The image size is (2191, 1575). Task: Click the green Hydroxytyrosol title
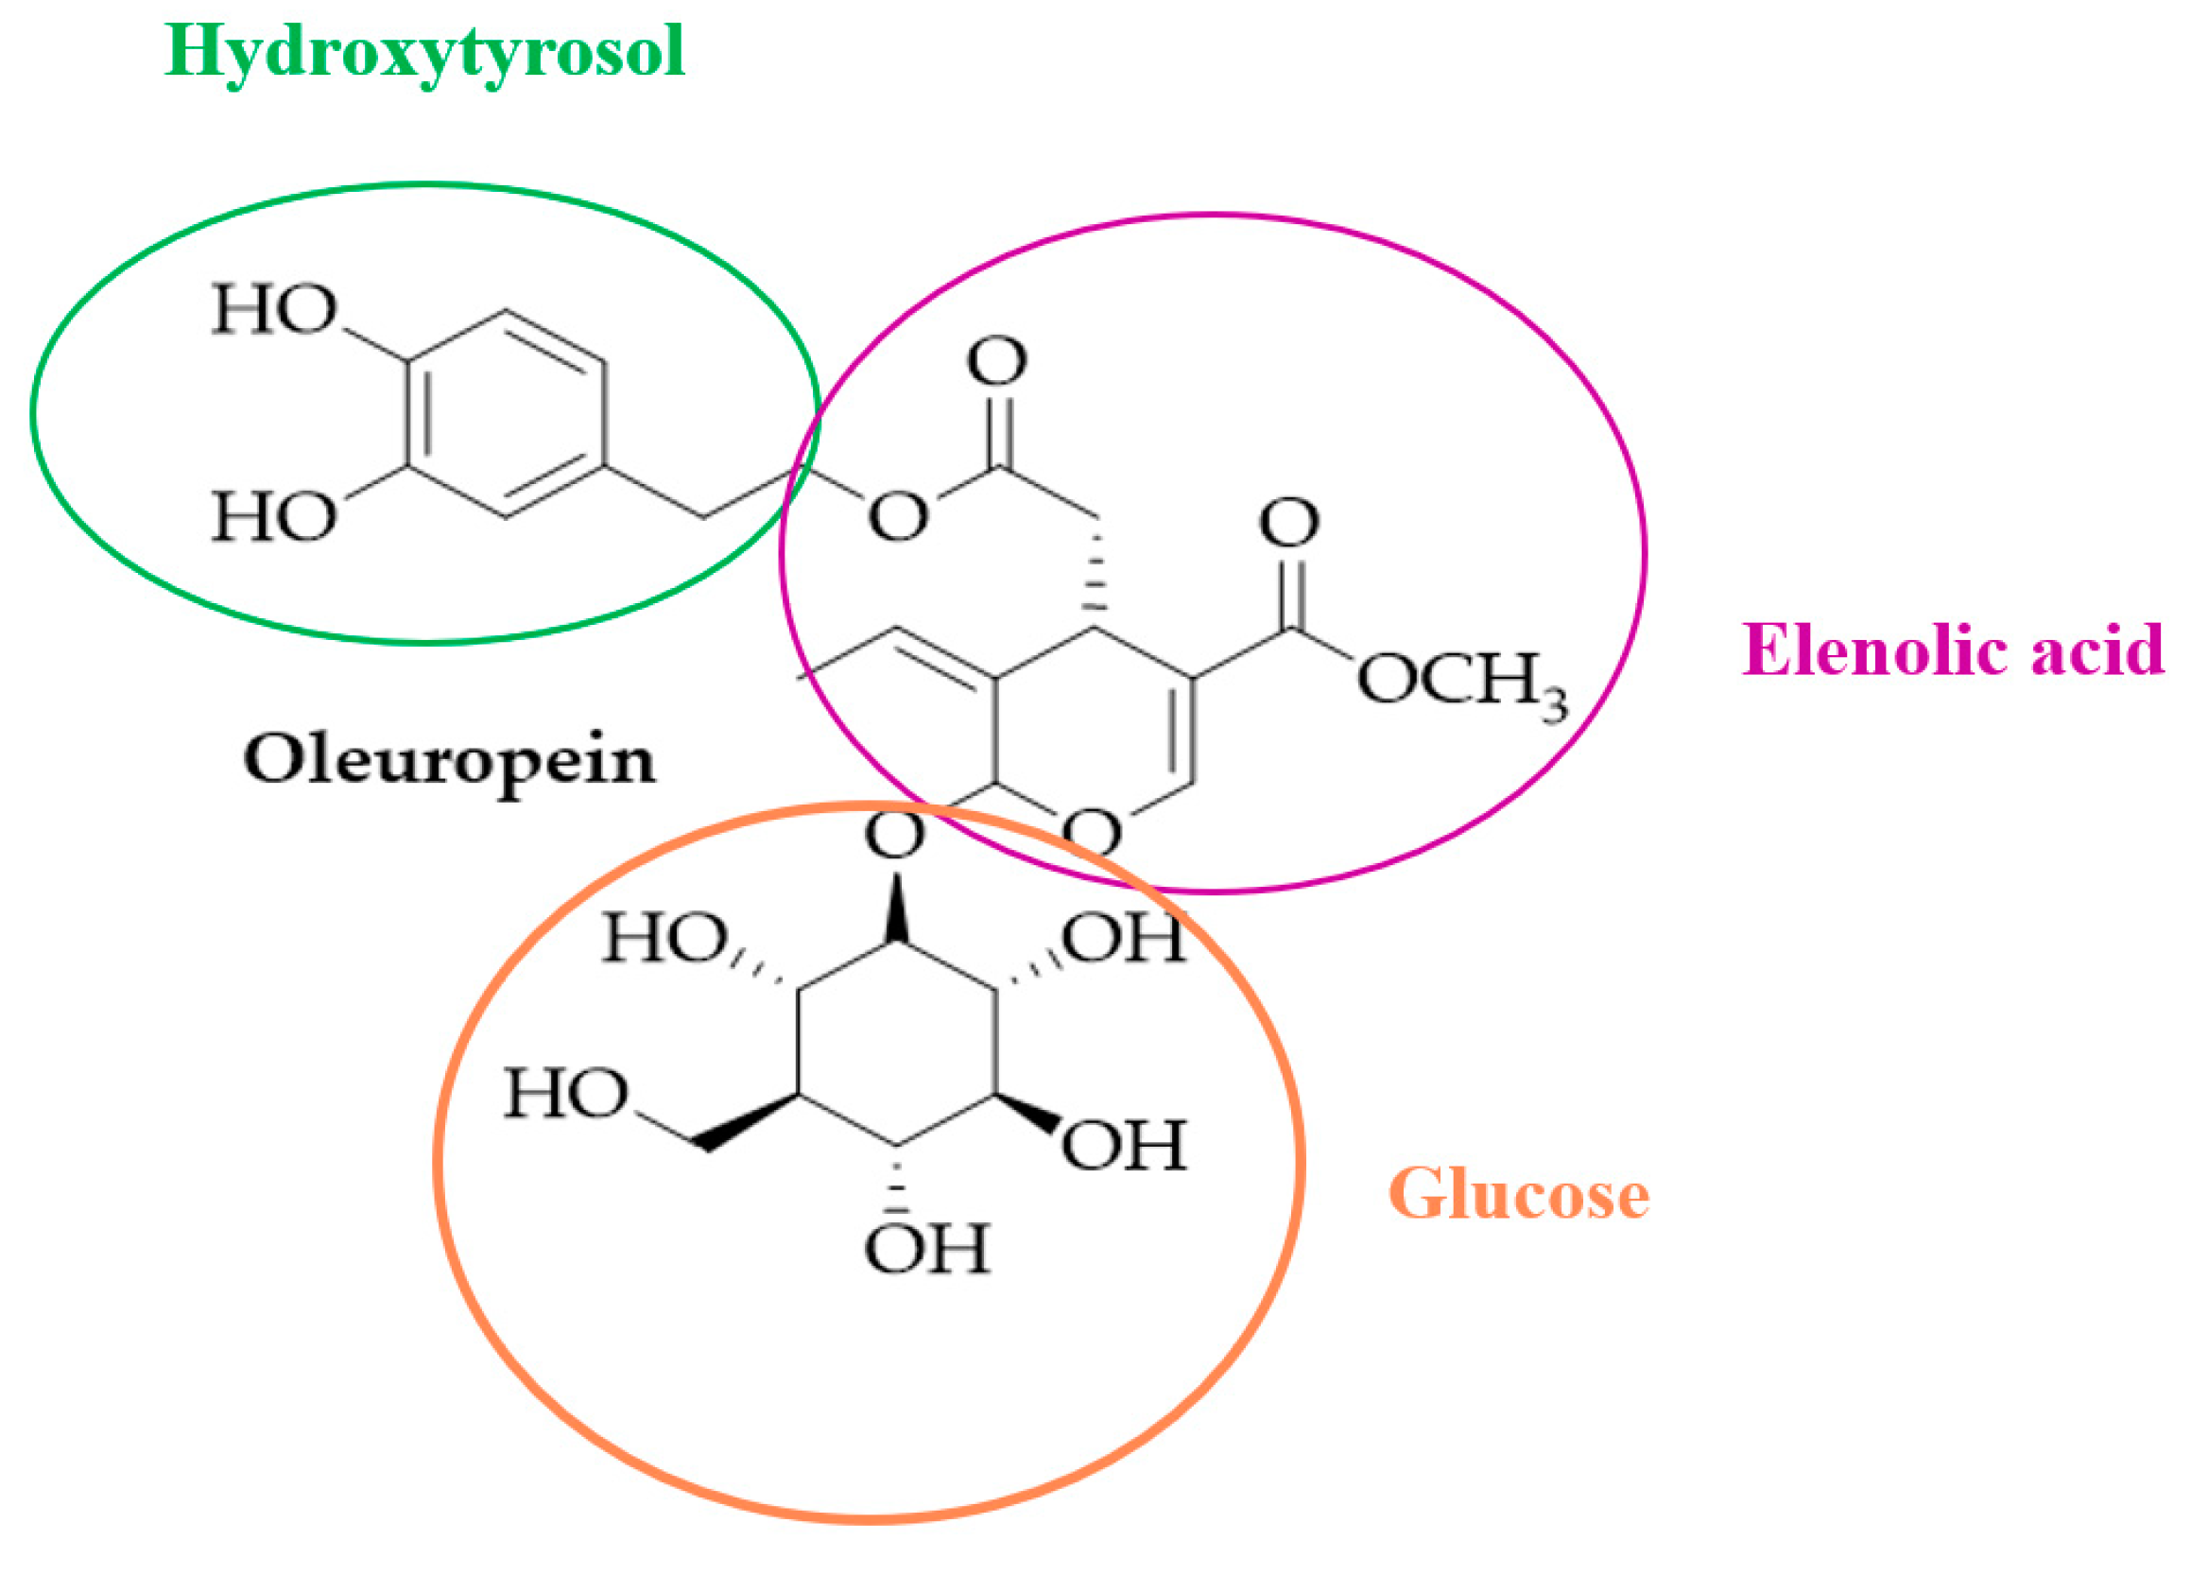tap(425, 53)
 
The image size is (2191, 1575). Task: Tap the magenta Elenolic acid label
tap(1953, 649)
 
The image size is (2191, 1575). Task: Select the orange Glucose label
tap(1519, 1195)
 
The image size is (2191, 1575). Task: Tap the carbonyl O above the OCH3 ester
tap(1289, 524)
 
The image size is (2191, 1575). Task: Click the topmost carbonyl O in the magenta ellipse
tap(997, 361)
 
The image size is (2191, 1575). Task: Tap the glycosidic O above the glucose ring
tap(895, 836)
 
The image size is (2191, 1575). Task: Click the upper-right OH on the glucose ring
tap(1124, 936)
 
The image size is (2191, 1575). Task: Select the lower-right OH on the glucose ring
tap(1124, 1146)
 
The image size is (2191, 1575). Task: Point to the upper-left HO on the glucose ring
tap(664, 937)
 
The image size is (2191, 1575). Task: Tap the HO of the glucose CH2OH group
tap(567, 1095)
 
